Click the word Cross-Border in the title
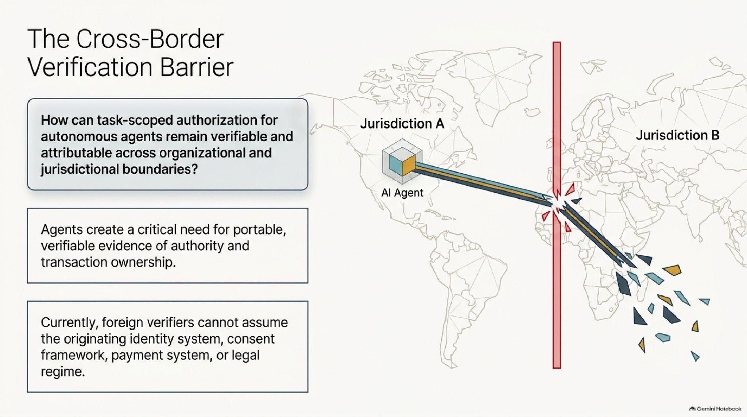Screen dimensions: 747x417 pos(150,39)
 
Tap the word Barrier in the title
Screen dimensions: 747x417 pos(197,67)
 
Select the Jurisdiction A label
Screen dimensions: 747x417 pos(402,124)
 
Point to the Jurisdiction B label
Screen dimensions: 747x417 pos(678,135)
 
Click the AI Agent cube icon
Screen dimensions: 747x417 pos(402,161)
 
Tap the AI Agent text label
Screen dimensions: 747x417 pos(402,192)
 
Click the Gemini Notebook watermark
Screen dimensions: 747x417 pos(715,409)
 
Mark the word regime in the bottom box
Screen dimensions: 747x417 pos(63,372)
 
